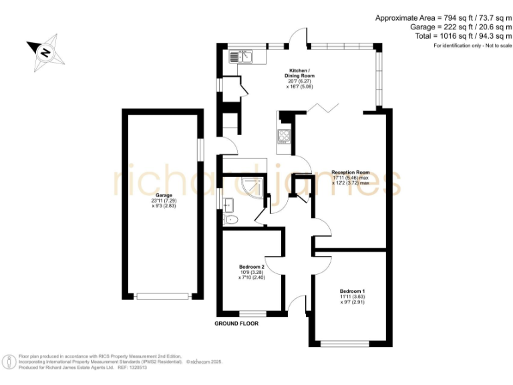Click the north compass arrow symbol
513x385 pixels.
point(45,51)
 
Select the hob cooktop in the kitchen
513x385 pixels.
point(283,136)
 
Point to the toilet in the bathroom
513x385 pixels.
point(231,219)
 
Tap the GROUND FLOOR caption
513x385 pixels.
point(236,324)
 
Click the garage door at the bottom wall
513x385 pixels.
point(162,296)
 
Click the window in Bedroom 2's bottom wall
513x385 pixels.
point(252,313)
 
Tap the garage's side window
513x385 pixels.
point(200,149)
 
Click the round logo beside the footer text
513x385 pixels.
point(9,362)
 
